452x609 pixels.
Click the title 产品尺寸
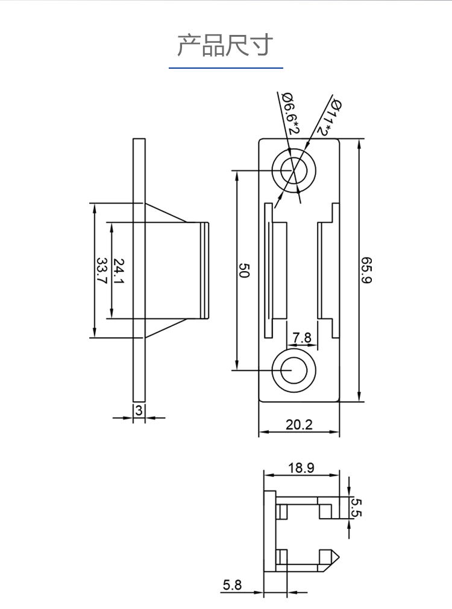(x=225, y=45)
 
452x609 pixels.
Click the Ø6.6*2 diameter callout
(x=290, y=113)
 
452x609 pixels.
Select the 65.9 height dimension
(x=366, y=270)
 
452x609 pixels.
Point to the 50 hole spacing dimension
(x=243, y=270)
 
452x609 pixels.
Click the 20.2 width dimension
(x=299, y=425)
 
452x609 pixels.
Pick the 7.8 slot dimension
(x=302, y=337)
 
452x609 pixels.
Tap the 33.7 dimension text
(x=101, y=270)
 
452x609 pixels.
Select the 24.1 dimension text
(x=118, y=270)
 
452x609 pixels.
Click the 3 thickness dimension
(x=139, y=410)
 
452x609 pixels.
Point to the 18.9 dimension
(x=301, y=467)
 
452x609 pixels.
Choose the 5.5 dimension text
(x=356, y=508)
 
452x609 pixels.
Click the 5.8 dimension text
(x=232, y=584)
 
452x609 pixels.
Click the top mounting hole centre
(x=293, y=170)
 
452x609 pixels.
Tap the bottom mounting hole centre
(x=293, y=370)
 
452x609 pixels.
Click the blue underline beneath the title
(x=226, y=68)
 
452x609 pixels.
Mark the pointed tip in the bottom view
(x=339, y=558)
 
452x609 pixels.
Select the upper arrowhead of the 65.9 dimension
(x=359, y=143)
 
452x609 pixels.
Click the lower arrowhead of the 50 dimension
(x=237, y=366)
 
